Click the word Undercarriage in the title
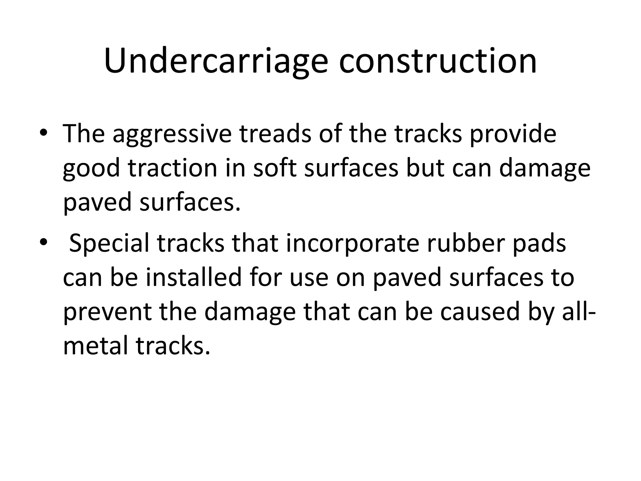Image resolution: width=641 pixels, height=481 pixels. point(216,61)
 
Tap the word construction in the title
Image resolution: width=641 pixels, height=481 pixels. point(438,61)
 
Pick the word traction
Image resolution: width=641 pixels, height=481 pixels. point(172,168)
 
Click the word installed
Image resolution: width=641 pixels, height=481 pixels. point(194,277)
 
